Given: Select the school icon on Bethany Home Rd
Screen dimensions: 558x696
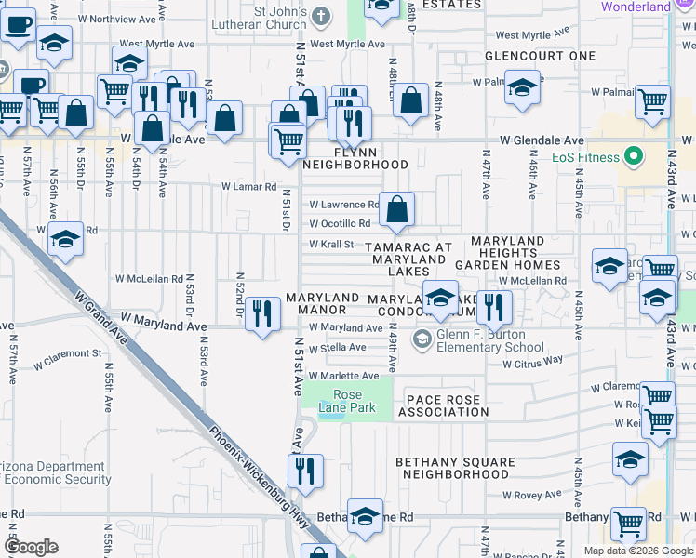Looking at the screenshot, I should click(366, 517).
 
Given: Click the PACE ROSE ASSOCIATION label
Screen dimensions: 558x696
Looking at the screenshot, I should click(442, 405).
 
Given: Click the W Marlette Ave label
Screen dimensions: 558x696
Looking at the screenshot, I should click(344, 376).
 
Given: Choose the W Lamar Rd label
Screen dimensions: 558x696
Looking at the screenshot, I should click(249, 186).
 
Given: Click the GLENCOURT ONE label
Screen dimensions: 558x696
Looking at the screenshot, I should click(540, 56).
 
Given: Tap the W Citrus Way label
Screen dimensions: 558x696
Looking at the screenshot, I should click(532, 362).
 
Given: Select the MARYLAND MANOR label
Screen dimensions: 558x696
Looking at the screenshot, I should click(322, 303).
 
